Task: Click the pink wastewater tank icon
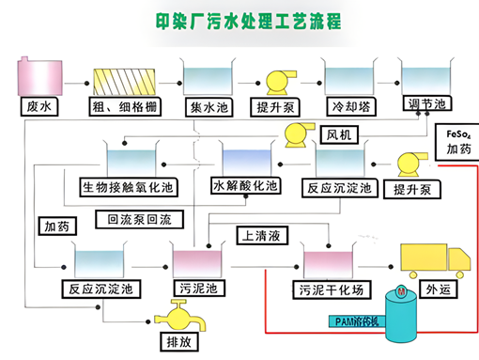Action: (39, 76)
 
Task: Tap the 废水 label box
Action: (39, 107)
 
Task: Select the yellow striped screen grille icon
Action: (124, 82)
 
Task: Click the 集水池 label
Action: (209, 107)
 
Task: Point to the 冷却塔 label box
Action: (351, 107)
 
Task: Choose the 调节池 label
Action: (427, 103)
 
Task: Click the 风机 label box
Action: (339, 135)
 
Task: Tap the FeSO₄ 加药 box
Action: (457, 142)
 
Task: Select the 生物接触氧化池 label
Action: (129, 187)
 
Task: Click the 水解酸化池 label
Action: (246, 186)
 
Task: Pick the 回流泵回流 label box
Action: (139, 219)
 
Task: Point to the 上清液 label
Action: (262, 236)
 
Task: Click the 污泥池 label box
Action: (199, 289)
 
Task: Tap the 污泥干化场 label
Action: (332, 290)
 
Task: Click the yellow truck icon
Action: (436, 260)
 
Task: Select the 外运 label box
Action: (439, 290)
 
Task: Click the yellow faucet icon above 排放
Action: (181, 316)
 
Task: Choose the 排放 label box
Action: (179, 342)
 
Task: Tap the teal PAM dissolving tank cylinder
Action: (401, 314)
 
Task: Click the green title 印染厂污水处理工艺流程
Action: (249, 22)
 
